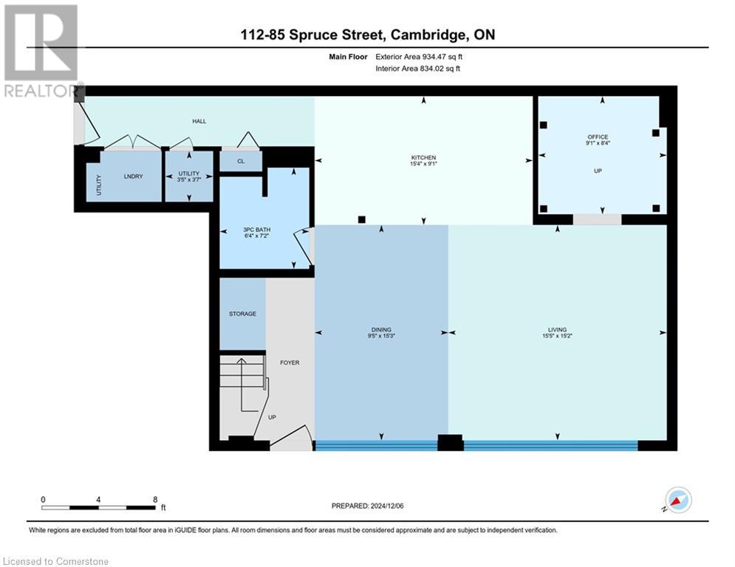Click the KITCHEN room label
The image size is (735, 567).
(423, 157)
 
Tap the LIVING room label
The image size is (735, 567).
(556, 329)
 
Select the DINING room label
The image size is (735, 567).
(381, 329)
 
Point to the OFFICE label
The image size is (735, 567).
(598, 137)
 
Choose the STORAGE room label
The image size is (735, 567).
(242, 314)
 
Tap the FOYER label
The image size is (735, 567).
(289, 362)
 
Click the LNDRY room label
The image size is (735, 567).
(132, 176)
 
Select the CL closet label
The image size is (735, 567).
(241, 162)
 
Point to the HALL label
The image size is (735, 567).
(199, 121)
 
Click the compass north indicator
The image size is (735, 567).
(677, 501)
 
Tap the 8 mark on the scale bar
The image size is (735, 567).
(154, 499)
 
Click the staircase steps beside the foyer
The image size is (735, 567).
(242, 371)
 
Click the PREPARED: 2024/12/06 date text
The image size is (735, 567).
(374, 506)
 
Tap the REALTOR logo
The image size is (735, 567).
(41, 52)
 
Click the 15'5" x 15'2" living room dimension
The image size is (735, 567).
(556, 336)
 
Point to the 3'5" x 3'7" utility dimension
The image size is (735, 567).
(189, 179)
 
